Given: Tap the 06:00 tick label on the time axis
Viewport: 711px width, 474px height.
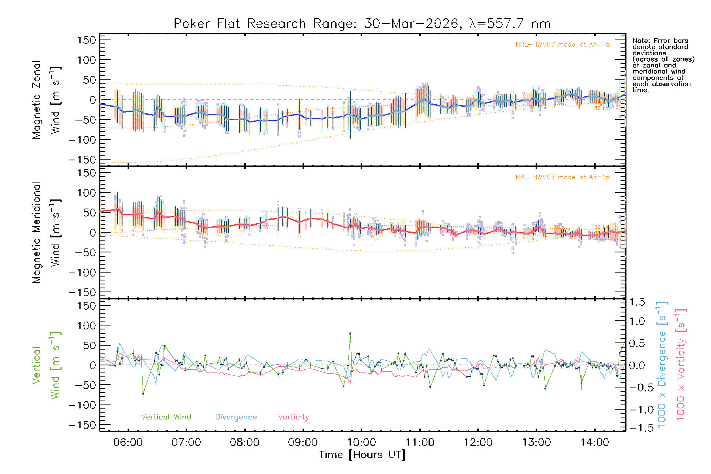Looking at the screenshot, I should point(128,442).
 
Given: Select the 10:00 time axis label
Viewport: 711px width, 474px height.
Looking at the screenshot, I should point(361,442).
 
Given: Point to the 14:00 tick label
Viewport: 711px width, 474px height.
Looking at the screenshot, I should point(594,442).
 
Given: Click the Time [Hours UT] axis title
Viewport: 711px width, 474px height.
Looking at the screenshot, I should point(362,455).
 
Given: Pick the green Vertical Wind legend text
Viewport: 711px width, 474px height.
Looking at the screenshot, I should point(166,417).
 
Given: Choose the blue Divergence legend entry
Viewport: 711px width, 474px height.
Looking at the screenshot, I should point(236,417).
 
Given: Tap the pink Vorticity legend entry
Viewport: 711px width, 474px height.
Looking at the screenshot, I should point(293,417).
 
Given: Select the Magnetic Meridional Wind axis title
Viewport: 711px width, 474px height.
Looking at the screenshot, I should point(46,233).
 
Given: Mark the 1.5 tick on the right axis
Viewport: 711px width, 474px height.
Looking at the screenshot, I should point(637,302).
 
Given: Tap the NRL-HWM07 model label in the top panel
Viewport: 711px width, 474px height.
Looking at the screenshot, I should point(562,45).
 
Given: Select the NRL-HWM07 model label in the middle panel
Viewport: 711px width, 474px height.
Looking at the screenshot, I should point(562,177).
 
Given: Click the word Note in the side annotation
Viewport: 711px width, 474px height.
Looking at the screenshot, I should point(640,41).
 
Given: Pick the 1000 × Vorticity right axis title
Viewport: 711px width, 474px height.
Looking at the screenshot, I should point(681,365).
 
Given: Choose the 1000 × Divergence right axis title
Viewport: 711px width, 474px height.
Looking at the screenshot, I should point(662,365).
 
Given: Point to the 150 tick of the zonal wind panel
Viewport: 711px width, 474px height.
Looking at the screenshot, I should point(87,40).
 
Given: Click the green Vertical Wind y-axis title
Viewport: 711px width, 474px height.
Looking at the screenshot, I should point(46,365).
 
